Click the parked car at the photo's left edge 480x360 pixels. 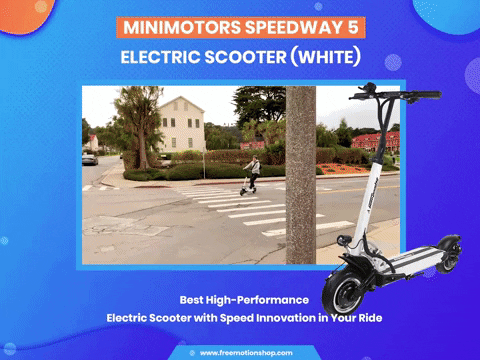point(90,158)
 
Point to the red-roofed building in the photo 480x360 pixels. point(375,141)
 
